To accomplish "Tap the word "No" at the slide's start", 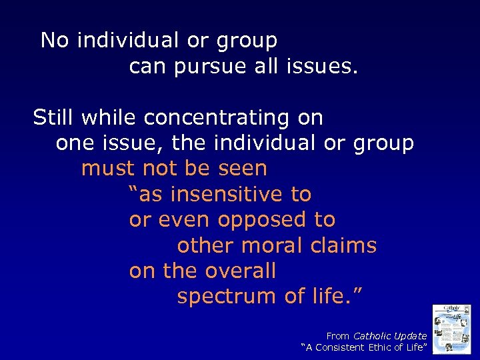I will coord(55,41).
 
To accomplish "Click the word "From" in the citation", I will coord(337,336).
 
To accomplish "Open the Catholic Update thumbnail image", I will coord(452,329).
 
